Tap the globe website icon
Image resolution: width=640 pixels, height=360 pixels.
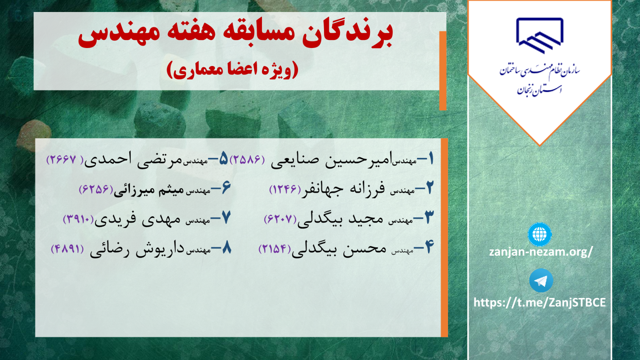(x=540, y=234)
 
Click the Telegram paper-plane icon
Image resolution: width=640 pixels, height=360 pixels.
(x=541, y=280)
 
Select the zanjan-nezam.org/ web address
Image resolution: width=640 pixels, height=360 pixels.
(x=541, y=252)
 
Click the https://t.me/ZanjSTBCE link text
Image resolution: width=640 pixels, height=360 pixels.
(x=540, y=302)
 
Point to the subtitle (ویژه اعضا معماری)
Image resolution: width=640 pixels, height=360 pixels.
(x=232, y=70)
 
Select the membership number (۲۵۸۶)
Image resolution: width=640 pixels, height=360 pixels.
(x=248, y=159)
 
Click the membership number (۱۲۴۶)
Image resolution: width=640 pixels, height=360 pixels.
(x=285, y=189)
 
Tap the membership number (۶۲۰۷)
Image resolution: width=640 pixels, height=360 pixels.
(x=280, y=219)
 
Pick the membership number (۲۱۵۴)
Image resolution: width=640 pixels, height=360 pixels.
(x=274, y=248)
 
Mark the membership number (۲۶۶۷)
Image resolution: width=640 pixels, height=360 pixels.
(x=65, y=159)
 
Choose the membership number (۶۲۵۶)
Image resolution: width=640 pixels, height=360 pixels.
(x=96, y=189)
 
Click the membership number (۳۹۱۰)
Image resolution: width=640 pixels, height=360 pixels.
(x=78, y=219)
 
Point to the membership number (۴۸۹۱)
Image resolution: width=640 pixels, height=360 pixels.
(x=68, y=249)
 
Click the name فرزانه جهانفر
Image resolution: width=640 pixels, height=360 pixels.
(x=343, y=189)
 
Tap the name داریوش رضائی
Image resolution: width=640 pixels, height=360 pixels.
(x=137, y=250)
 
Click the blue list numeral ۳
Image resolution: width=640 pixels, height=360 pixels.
(x=429, y=217)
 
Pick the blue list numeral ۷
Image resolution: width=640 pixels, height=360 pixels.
(x=226, y=217)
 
